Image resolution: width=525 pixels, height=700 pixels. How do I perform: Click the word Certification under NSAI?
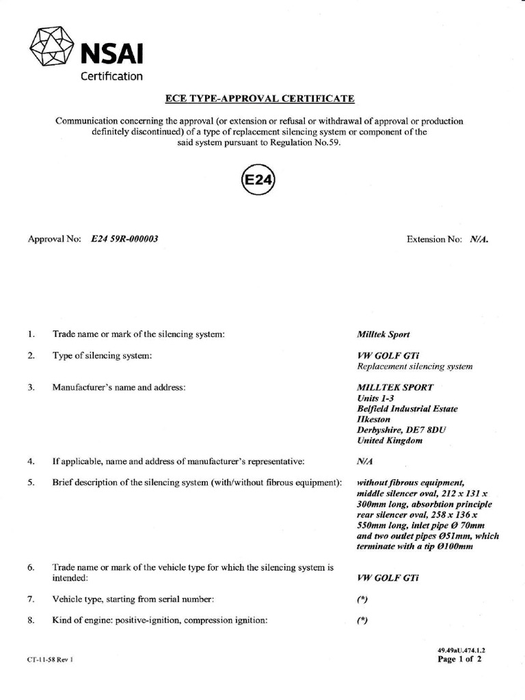pos(111,76)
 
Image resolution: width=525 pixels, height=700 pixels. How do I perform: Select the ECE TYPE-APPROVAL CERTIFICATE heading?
pos(260,99)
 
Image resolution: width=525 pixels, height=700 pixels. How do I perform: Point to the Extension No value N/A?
pos(479,240)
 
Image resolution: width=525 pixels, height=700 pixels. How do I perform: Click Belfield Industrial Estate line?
pos(407,409)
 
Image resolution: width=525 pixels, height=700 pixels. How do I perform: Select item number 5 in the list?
pos(31,483)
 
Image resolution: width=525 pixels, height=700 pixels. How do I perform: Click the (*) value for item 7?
pos(362,600)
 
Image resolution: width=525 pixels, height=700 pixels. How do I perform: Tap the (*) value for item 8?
pos(362,621)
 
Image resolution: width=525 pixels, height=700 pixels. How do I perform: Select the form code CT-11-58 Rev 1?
pos(51,661)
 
